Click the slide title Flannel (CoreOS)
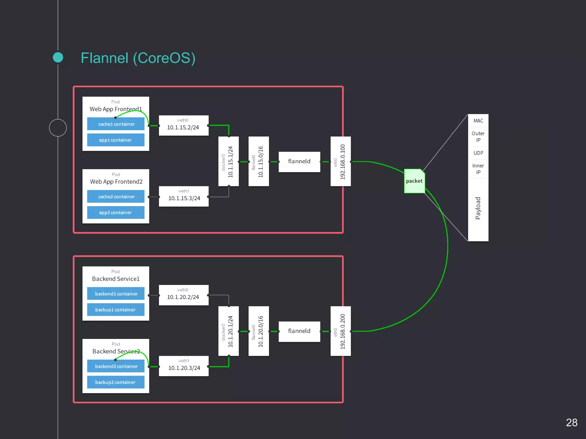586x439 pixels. [138, 58]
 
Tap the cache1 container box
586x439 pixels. [116, 124]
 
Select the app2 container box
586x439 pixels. [116, 213]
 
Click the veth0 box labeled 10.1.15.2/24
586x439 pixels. [183, 125]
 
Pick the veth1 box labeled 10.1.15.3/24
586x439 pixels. [183, 196]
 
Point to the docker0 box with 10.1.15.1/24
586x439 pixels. [228, 161]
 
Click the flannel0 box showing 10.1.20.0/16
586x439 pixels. [258, 331]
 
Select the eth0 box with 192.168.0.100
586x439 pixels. [340, 161]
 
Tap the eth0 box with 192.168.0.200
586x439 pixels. [340, 331]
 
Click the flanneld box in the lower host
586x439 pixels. [299, 331]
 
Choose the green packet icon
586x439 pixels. [414, 181]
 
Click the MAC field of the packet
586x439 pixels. [478, 121]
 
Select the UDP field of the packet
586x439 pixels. [478, 153]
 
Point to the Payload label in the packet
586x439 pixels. [478, 208]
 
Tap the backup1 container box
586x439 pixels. [116, 310]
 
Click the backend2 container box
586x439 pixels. [116, 366]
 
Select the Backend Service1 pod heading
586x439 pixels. [116, 279]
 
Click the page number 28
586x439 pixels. [571, 422]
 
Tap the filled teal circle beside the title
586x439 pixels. [58, 57]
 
